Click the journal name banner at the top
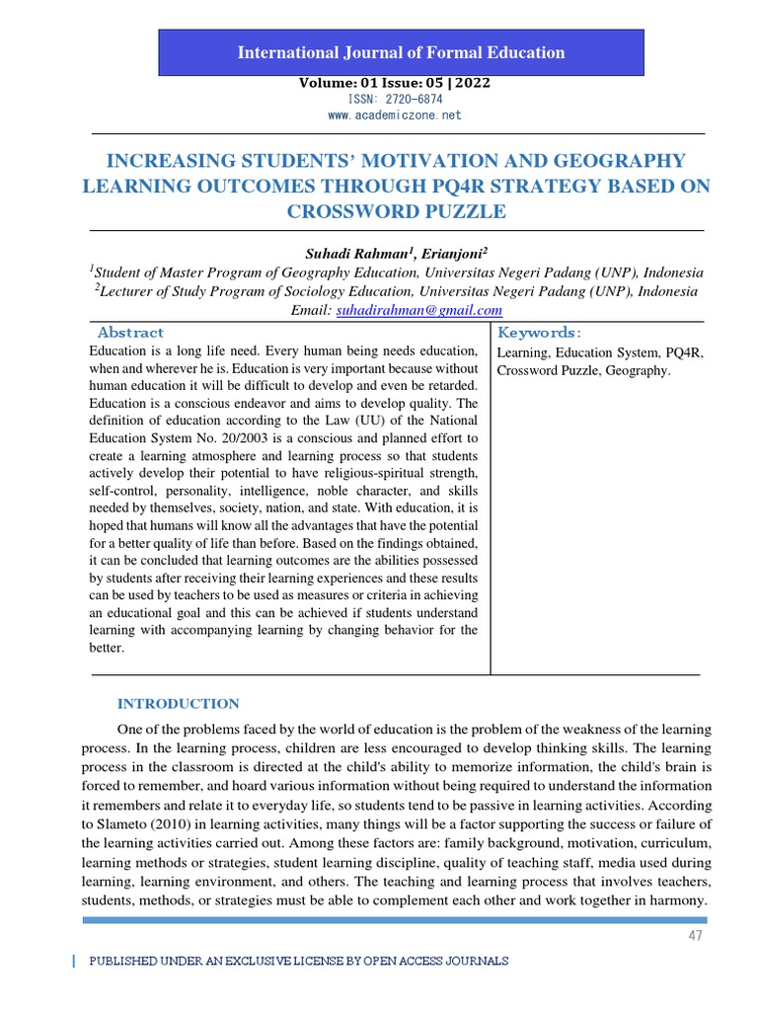click(401, 52)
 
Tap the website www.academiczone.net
click(394, 116)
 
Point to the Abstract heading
click(130, 333)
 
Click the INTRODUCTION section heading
click(178, 704)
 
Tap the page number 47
click(696, 935)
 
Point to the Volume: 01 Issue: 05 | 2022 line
click(395, 83)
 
